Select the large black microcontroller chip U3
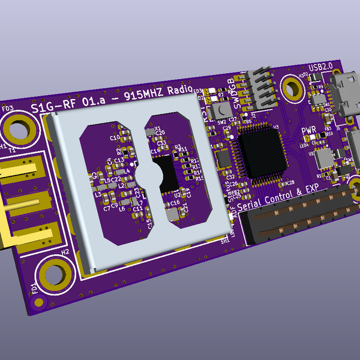(x=262, y=151)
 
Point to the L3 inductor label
(x=98, y=195)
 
